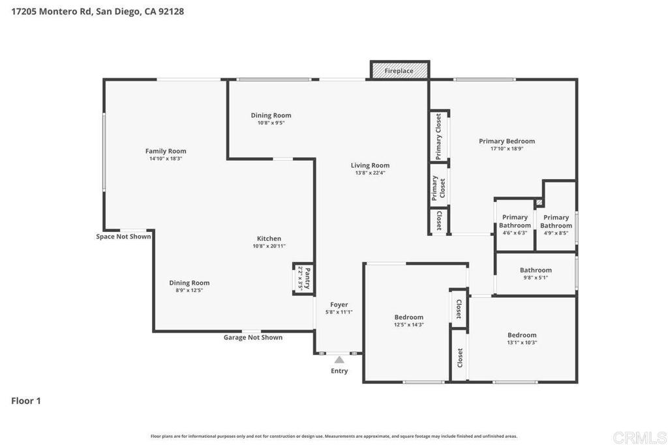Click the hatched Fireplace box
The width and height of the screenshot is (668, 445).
[x=399, y=70]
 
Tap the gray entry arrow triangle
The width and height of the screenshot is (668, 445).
[x=339, y=359]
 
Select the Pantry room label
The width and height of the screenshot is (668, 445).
[x=304, y=278]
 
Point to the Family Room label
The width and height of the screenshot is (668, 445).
[x=166, y=151]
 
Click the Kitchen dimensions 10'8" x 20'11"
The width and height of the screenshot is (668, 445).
[x=269, y=246]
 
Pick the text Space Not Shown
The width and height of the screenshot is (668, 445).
[x=123, y=237]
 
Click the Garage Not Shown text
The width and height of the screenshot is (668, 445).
[x=253, y=337]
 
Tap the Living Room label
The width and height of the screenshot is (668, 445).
[x=370, y=165]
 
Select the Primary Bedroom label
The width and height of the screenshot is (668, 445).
[x=506, y=141]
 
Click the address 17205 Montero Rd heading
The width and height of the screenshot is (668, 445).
[x=98, y=11]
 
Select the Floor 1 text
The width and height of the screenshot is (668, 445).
[x=26, y=401]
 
